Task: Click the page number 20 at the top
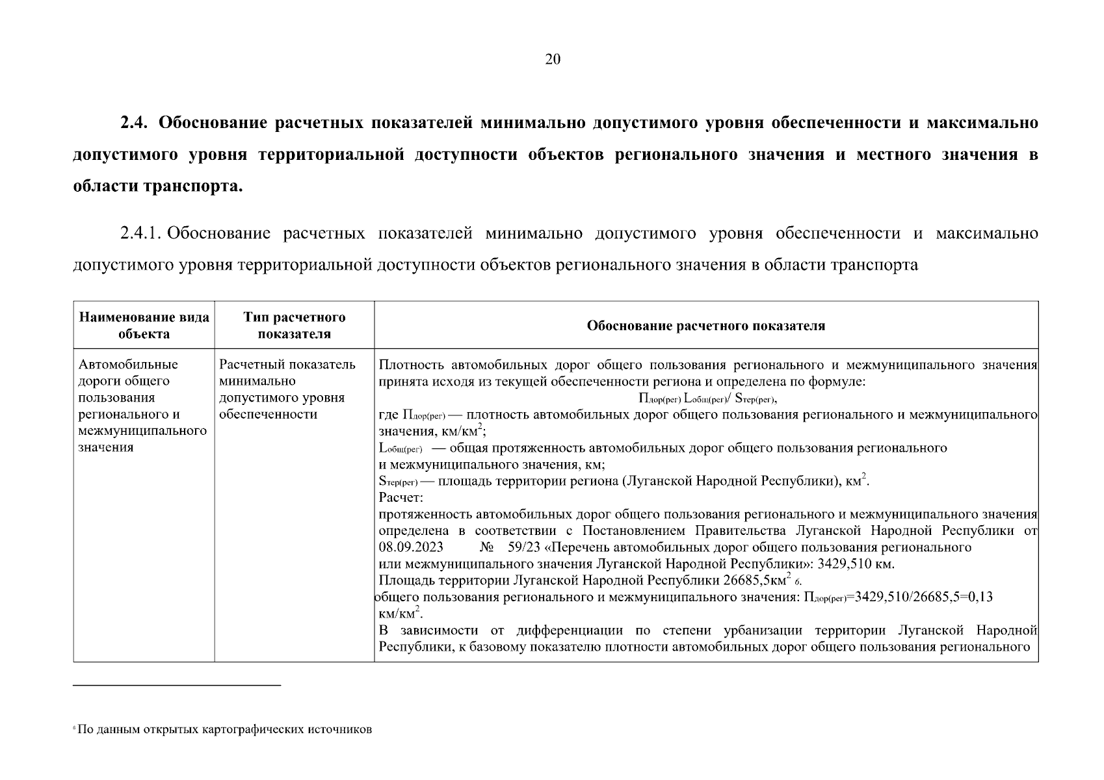point(552,60)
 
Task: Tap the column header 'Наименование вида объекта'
point(144,326)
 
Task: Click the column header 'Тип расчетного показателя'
point(294,326)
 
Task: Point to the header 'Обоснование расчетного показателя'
point(705,326)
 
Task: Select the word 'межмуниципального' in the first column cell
point(142,431)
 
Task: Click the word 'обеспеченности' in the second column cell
point(268,415)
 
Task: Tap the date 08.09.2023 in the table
point(411,548)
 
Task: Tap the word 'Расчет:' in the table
point(401,498)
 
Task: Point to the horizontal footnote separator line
point(176,685)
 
